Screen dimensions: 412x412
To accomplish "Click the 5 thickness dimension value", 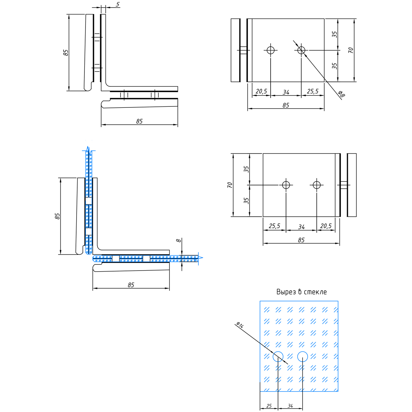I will point(118,4).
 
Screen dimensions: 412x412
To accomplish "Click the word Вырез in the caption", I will point(286,292).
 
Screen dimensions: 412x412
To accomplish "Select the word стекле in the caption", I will point(315,292).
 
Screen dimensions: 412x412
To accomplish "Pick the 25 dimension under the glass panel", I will point(269,406).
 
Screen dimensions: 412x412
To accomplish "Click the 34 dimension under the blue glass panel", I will point(290,406).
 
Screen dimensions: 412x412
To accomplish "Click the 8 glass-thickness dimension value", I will point(178,240).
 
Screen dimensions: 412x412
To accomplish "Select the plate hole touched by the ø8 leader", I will point(301,50).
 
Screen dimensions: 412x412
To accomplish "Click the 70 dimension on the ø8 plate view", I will point(351,50).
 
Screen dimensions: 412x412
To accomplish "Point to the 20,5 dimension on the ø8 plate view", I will point(261,91).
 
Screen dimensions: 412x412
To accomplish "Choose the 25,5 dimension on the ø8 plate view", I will point(312,91).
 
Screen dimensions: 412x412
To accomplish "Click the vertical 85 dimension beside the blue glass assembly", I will point(57,216).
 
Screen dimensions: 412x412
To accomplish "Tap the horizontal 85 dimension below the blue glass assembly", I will point(131,285).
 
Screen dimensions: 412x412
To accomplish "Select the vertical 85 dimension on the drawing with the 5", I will point(66,53).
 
